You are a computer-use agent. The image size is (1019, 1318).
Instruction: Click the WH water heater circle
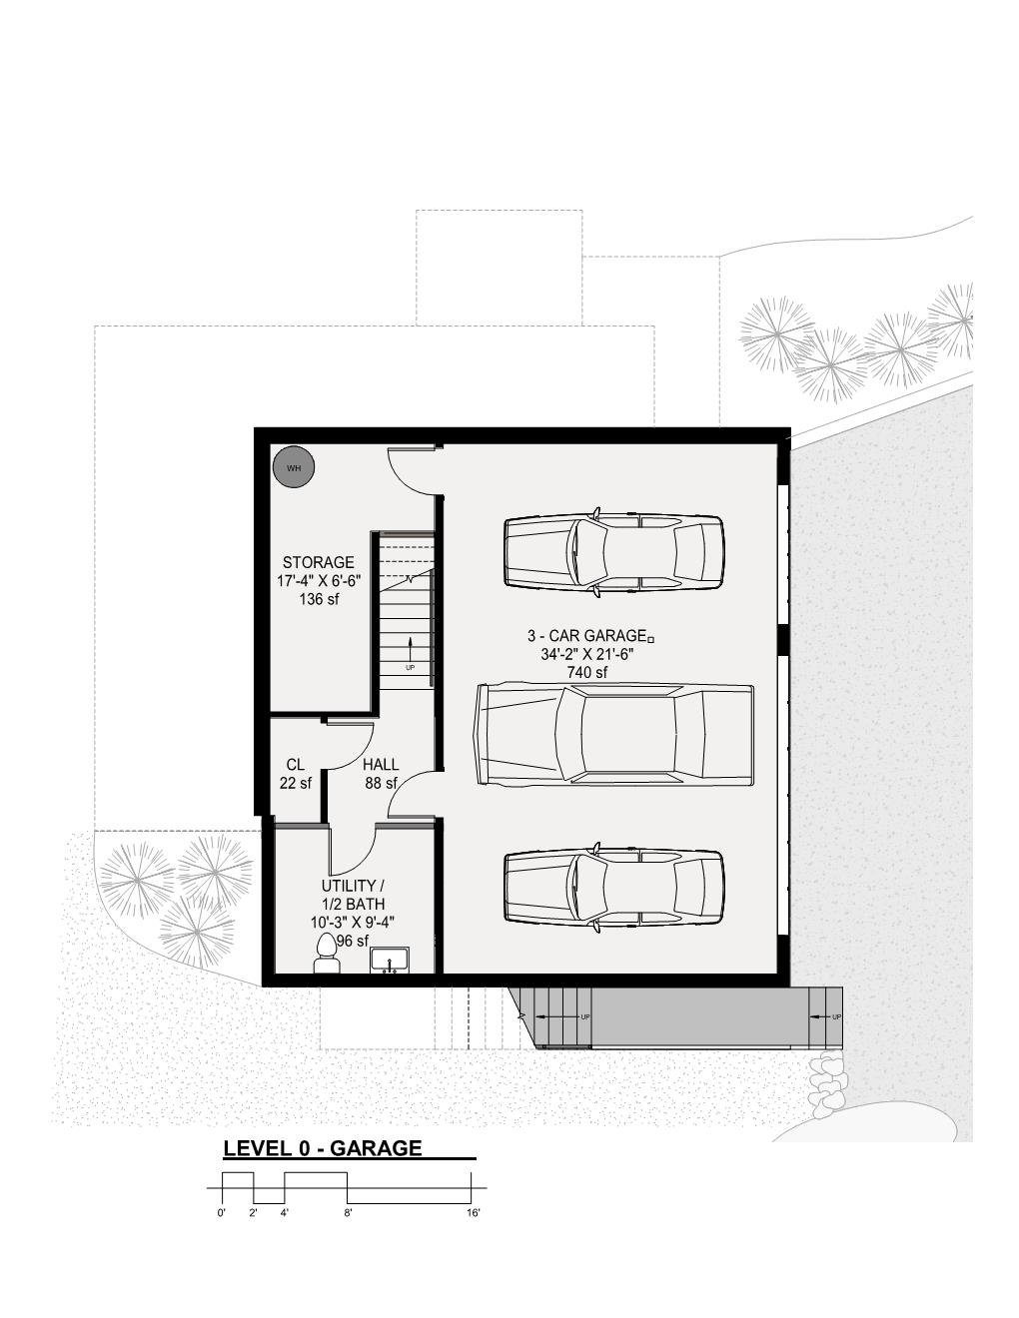(294, 467)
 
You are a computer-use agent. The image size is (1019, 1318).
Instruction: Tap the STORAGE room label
(318, 562)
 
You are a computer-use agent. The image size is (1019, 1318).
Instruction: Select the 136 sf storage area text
(318, 600)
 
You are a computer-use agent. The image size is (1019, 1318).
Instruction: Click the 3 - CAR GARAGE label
(586, 636)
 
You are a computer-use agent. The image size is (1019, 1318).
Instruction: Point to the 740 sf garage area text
(586, 673)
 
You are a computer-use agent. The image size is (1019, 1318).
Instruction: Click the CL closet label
(295, 765)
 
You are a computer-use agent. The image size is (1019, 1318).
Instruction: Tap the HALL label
(381, 765)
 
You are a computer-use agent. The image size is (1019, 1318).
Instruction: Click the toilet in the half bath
(327, 953)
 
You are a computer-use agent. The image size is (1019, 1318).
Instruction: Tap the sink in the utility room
(390, 961)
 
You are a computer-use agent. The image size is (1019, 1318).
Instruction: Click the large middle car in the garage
(614, 734)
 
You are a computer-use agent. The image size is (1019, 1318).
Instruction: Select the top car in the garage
(613, 553)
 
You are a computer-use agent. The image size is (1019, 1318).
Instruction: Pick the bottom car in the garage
(613, 889)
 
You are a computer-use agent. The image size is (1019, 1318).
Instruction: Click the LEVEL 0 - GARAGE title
(323, 1148)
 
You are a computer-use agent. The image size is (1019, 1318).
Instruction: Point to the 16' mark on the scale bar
(473, 1213)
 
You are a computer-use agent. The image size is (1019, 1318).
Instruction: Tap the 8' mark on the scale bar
(348, 1213)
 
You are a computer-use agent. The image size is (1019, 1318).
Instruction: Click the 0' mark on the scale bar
(222, 1213)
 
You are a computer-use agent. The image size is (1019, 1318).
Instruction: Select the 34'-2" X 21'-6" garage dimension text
(586, 655)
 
